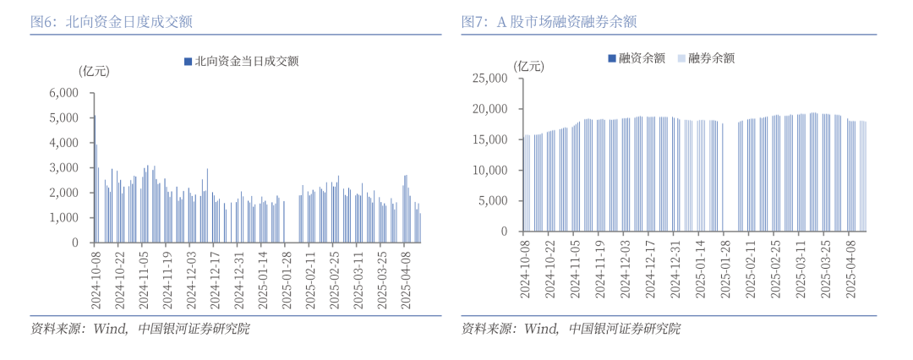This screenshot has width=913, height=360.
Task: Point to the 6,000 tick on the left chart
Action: pyautogui.click(x=63, y=93)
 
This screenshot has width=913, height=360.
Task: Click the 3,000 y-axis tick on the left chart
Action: pyautogui.click(x=63, y=168)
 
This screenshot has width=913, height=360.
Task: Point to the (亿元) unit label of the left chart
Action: pyautogui.click(x=94, y=71)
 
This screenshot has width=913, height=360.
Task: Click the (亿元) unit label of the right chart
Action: pyautogui.click(x=531, y=65)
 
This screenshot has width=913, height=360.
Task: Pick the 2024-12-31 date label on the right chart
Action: pyautogui.click(x=675, y=269)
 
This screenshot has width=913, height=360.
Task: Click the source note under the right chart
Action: pyautogui.click(x=571, y=329)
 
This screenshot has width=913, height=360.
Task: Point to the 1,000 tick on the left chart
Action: pyautogui.click(x=63, y=218)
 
